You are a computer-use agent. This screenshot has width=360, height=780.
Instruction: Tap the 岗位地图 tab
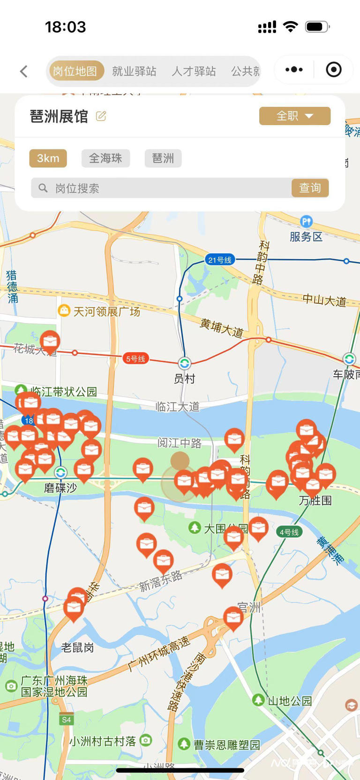(x=75, y=71)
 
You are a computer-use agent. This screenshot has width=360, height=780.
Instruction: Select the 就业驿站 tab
(x=134, y=71)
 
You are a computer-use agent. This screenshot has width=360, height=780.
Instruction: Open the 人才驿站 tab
(x=194, y=71)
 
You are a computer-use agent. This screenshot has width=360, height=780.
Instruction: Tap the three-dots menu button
(x=294, y=70)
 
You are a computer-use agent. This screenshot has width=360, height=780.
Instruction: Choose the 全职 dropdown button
(x=294, y=116)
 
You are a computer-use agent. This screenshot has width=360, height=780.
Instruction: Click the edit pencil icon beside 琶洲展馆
(x=101, y=116)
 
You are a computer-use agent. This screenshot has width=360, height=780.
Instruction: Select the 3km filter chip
(x=48, y=158)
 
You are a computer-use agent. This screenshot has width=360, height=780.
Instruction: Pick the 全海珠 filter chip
(x=105, y=158)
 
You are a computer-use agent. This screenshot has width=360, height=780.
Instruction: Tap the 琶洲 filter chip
(x=163, y=158)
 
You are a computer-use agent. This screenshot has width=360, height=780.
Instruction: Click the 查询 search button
(x=310, y=188)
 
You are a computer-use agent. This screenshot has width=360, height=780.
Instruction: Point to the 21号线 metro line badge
(x=220, y=260)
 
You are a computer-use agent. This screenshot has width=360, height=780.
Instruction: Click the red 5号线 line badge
(x=135, y=359)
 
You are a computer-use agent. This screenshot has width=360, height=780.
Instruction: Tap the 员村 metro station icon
(x=184, y=363)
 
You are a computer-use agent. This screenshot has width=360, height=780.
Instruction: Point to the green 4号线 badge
(x=289, y=532)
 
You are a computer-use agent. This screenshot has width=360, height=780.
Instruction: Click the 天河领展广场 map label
(x=106, y=312)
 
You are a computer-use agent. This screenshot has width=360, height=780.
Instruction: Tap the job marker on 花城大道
(x=50, y=341)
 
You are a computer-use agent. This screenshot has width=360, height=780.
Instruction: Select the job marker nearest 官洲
(x=233, y=617)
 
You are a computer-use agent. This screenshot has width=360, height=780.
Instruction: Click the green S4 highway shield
(x=66, y=720)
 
